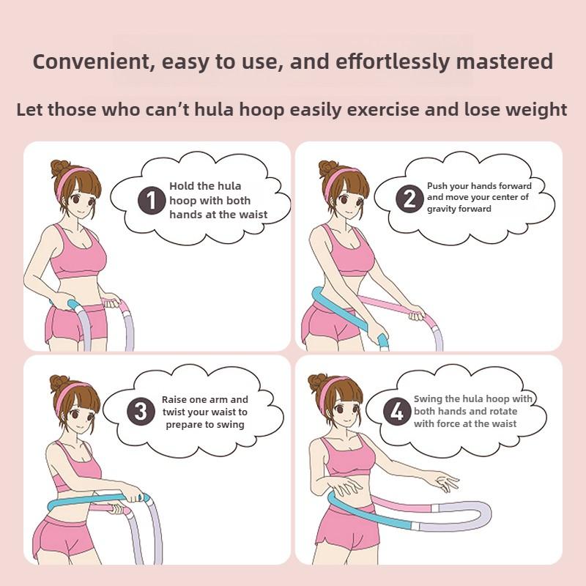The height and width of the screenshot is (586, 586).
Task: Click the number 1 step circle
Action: coord(152,200)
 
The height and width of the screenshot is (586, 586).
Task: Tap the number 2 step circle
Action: coord(409,198)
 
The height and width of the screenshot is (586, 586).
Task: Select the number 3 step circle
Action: coord(141,412)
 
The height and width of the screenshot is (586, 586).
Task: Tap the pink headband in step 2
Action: coord(338,176)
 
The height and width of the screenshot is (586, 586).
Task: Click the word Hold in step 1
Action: coord(181,186)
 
